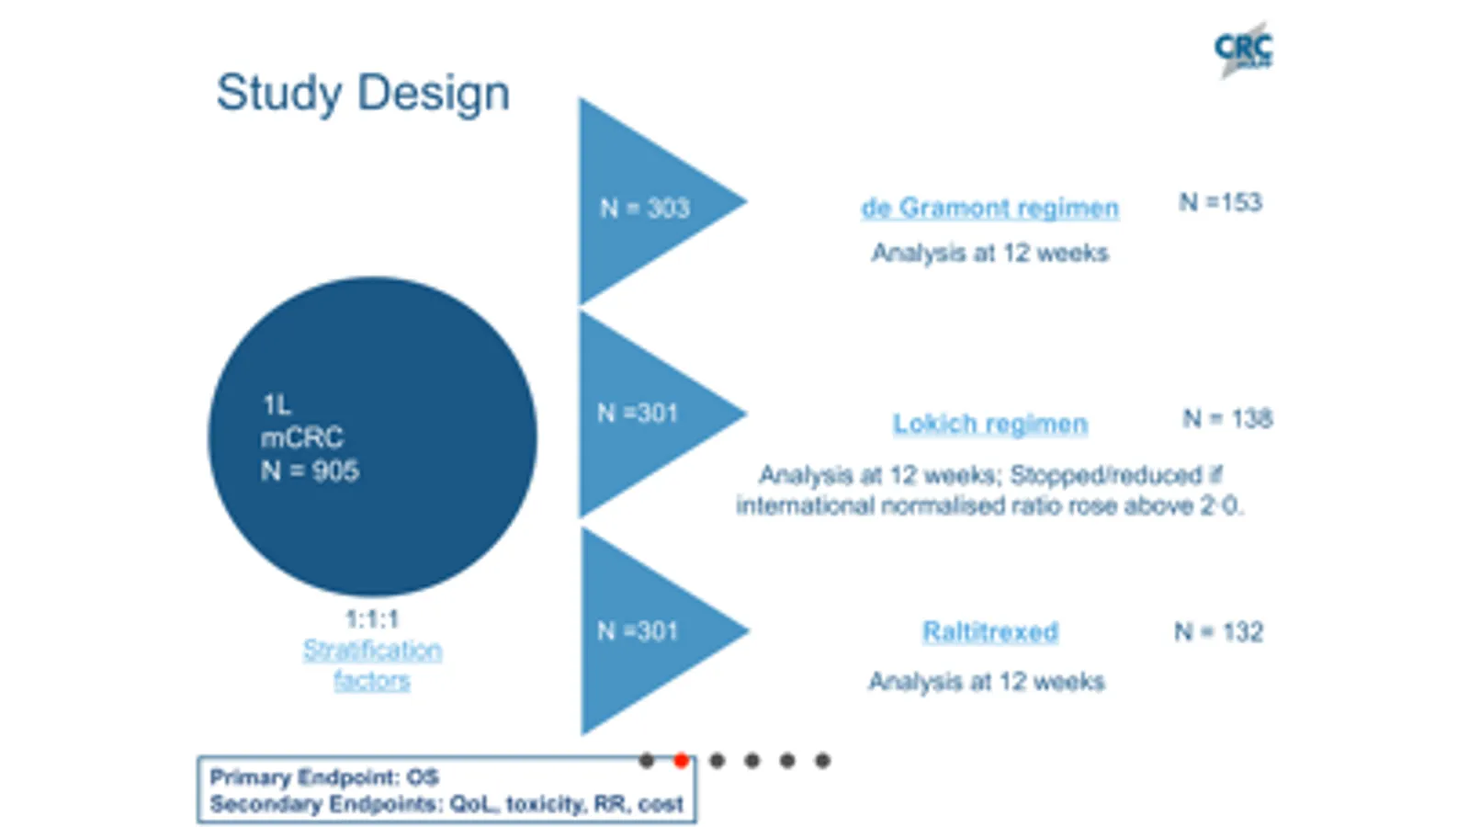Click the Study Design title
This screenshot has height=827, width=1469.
(362, 94)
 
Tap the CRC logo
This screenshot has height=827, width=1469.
(1243, 50)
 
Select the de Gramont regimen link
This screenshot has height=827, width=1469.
(989, 208)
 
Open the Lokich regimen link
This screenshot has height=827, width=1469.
(989, 424)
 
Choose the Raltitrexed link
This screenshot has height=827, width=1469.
(989, 632)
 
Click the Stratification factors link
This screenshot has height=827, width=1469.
(372, 664)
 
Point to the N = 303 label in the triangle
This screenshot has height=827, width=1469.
(644, 209)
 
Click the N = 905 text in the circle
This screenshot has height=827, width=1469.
(310, 471)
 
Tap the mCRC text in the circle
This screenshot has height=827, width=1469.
(302, 437)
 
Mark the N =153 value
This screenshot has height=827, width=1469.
(1220, 202)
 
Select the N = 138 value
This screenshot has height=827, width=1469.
(1226, 419)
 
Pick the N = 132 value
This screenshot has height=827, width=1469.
(1218, 632)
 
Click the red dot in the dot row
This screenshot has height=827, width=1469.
(681, 760)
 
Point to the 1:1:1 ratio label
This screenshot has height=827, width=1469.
(371, 618)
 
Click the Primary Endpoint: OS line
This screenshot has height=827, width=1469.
(324, 777)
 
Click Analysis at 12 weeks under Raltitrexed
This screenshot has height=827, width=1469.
(986, 682)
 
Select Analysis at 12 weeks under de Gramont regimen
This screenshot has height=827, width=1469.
(989, 253)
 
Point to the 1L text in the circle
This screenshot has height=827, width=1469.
(276, 404)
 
